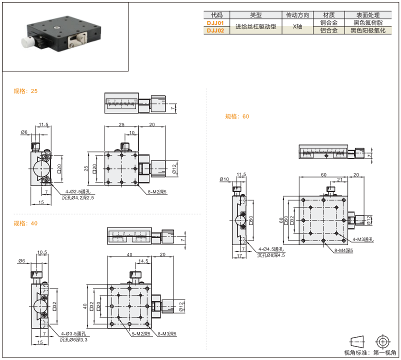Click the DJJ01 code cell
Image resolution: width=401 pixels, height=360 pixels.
[x=216, y=23]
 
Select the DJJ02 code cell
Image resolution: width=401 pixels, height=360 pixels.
[x=216, y=30]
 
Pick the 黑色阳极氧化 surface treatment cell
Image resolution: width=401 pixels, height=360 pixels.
[x=368, y=30]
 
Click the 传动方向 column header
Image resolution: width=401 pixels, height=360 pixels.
[x=297, y=15]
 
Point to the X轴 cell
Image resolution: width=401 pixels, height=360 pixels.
[x=297, y=27]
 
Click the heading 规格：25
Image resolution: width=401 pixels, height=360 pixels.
[x=25, y=91]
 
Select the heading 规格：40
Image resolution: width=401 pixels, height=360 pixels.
[x=25, y=223]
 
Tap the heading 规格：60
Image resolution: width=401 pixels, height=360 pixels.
[x=237, y=116]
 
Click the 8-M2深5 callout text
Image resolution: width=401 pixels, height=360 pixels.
[x=157, y=192]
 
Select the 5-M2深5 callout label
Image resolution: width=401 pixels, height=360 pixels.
[x=141, y=334]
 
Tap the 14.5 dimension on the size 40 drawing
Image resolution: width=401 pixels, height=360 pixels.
[x=143, y=261]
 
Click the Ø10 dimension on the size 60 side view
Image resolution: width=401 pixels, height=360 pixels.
[x=224, y=179]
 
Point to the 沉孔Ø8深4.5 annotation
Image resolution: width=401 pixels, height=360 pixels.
[x=271, y=255]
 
